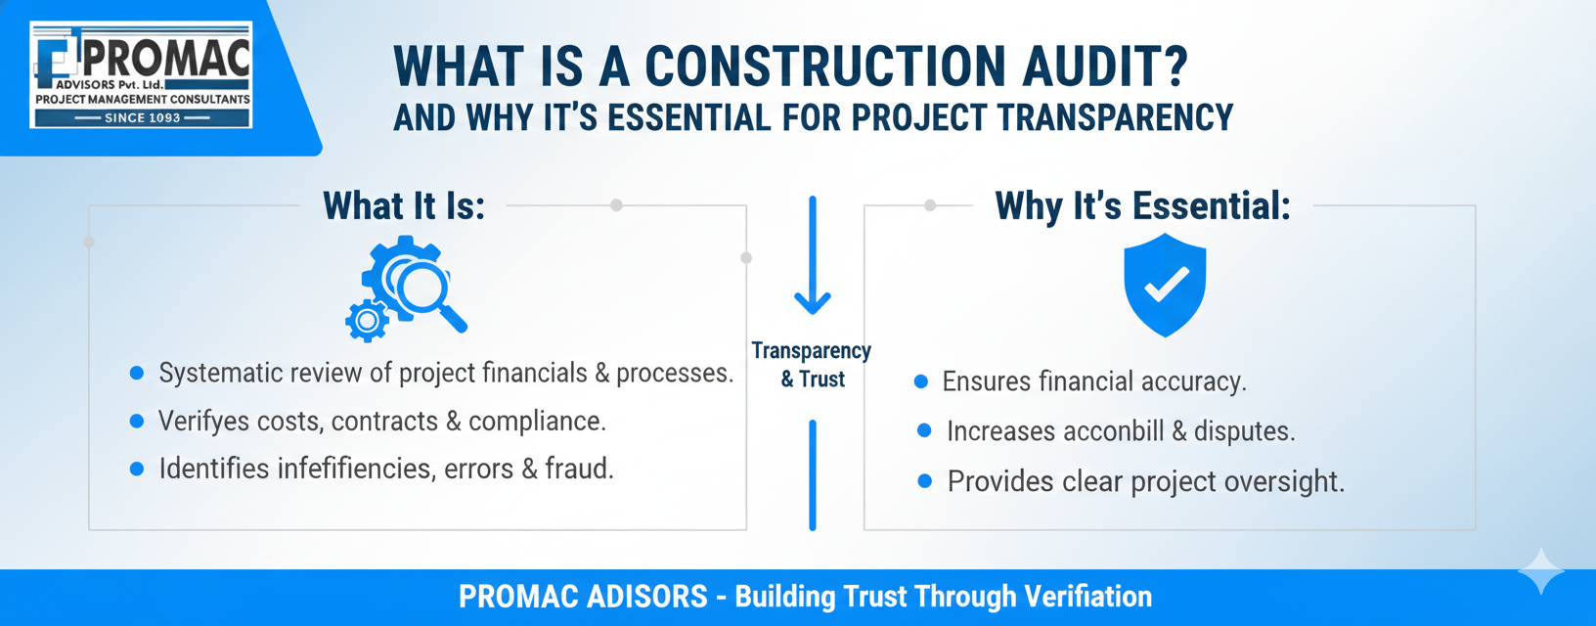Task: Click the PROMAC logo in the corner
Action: [141, 75]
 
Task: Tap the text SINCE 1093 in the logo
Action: [143, 117]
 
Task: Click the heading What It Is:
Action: [404, 206]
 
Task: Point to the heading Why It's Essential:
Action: [1143, 206]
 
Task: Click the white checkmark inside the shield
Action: [1166, 284]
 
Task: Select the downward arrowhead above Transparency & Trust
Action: [813, 303]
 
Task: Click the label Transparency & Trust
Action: [812, 364]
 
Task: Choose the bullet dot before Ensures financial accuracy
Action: [921, 381]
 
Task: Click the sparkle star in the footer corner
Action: [1541, 571]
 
